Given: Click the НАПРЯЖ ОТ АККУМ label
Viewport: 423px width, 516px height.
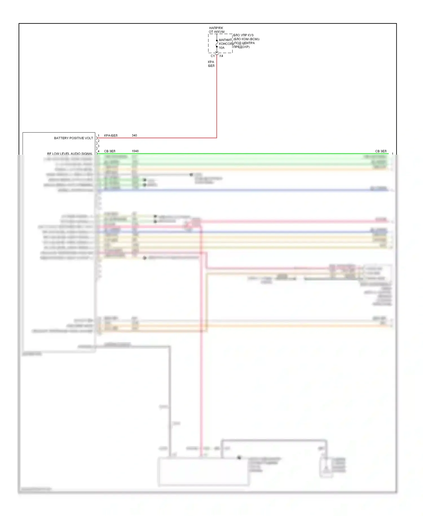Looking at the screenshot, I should pyautogui.click(x=216, y=30).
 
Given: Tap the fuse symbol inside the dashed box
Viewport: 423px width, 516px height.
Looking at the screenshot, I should pyautogui.click(x=217, y=44).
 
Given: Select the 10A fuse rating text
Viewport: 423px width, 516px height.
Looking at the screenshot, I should pyautogui.click(x=222, y=48).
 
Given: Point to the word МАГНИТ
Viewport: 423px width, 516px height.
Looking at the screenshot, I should pyautogui.click(x=225, y=40).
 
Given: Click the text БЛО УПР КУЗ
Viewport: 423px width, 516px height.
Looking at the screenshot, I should pyautogui.click(x=243, y=35).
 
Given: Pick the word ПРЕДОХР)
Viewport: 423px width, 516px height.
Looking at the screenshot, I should pyautogui.click(x=241, y=47).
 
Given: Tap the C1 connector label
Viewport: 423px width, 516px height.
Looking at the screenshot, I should pyautogui.click(x=213, y=56).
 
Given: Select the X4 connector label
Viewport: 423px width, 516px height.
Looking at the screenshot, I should pyautogui.click(x=221, y=56).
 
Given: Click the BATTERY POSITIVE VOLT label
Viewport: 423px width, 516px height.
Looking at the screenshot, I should pyautogui.click(x=73, y=138).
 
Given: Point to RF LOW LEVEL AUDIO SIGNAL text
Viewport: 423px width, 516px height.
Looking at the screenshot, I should pyautogui.click(x=70, y=154).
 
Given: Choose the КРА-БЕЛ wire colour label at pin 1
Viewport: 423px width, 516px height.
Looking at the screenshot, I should pyautogui.click(x=111, y=135).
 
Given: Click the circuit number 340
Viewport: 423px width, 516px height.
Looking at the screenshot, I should pyautogui.click(x=134, y=135).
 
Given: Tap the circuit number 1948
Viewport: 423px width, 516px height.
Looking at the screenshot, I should pyautogui.click(x=135, y=151).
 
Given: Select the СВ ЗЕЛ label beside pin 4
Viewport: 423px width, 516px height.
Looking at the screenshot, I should pyautogui.click(x=110, y=151).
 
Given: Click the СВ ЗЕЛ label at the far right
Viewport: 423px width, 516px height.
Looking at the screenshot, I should pyautogui.click(x=381, y=151).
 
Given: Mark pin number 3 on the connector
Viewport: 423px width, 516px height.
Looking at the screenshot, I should pyautogui.click(x=98, y=146).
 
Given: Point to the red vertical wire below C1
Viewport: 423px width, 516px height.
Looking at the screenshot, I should pyautogui.click(x=217, y=99).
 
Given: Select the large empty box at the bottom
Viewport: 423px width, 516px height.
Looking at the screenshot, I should pyautogui.click(x=203, y=472).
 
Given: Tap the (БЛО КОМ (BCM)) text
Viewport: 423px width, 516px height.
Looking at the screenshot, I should pyautogui.click(x=246, y=39).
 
